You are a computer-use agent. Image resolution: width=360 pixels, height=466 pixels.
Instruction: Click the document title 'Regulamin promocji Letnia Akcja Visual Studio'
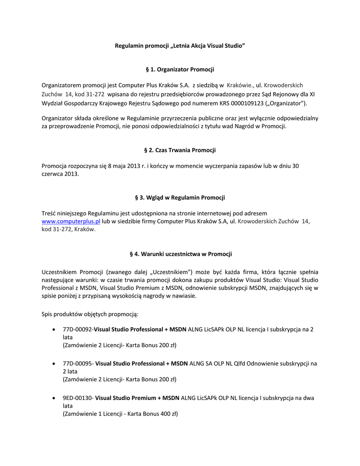click(x=180, y=46)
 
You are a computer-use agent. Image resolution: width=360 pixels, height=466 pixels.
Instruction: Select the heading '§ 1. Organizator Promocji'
click(x=180, y=69)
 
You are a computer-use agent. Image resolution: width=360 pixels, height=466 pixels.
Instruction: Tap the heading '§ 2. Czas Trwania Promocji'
click(x=180, y=150)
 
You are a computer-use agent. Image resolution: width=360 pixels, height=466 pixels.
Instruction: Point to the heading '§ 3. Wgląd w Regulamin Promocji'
click(x=180, y=198)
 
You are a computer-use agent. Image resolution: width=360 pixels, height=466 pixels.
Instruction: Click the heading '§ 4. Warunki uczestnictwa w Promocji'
click(x=180, y=254)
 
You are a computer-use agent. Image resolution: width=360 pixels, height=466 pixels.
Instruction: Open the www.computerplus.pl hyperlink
click(x=71, y=221)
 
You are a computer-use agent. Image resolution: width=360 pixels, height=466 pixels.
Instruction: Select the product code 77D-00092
click(x=77, y=329)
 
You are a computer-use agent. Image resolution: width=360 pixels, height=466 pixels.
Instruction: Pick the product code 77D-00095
click(x=77, y=364)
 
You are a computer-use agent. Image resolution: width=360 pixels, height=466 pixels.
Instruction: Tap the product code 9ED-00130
click(x=77, y=398)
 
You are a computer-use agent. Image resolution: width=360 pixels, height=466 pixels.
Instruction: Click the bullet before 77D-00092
click(x=55, y=329)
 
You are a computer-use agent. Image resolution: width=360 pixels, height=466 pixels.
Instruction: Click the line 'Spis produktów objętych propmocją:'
click(x=90, y=314)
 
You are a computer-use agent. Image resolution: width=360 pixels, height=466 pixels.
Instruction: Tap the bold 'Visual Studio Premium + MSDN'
click(x=137, y=398)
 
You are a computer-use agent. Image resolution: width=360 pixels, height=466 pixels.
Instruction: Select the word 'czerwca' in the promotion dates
click(x=53, y=174)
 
